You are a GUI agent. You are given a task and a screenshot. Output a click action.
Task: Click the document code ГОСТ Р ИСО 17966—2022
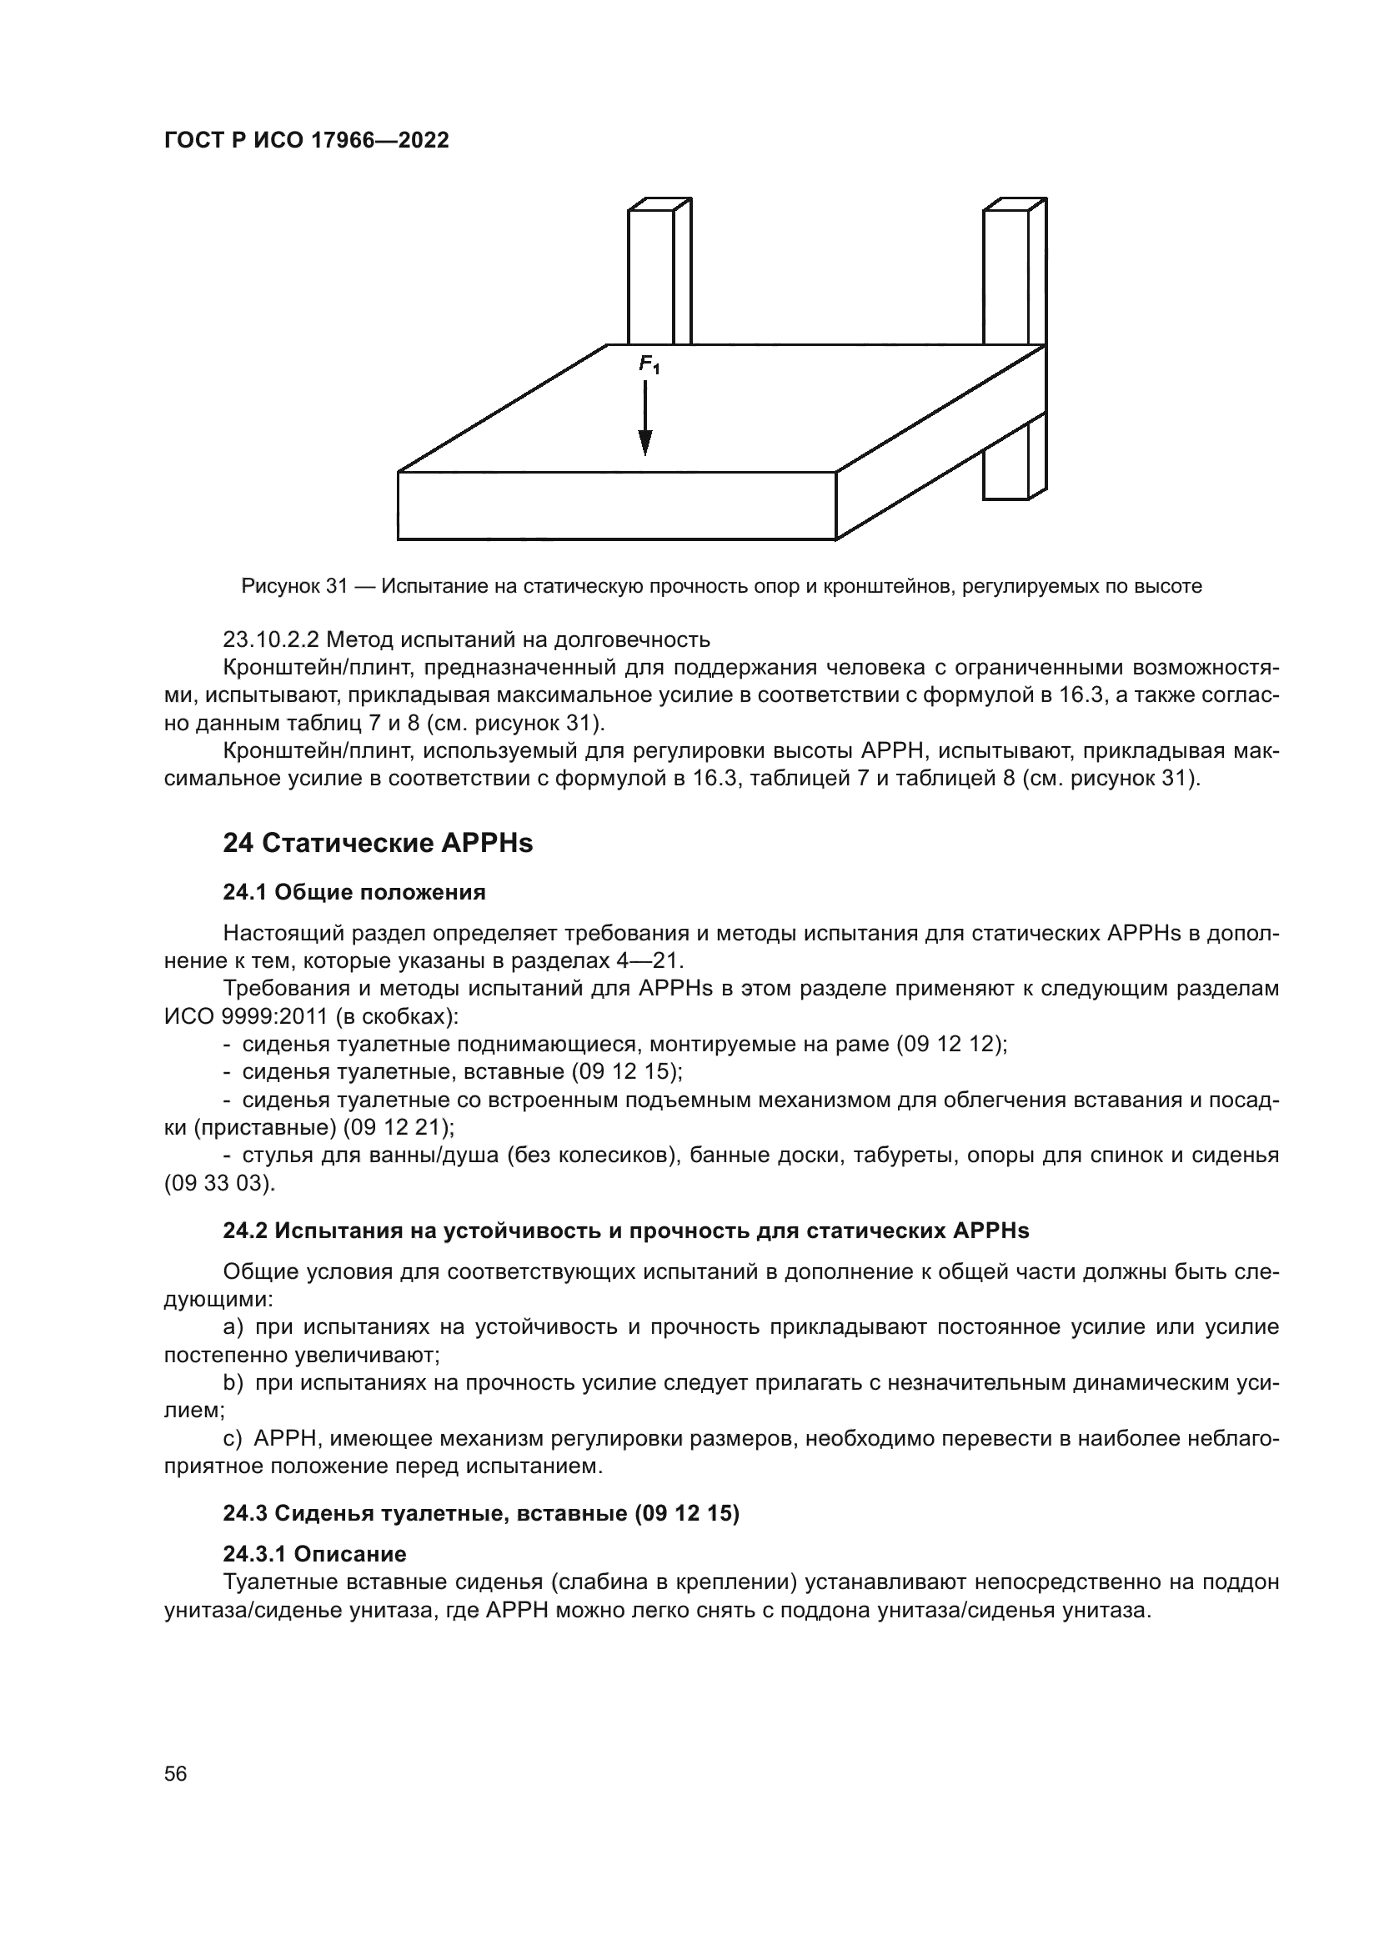point(306,141)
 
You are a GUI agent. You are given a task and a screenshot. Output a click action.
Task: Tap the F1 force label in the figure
point(649,365)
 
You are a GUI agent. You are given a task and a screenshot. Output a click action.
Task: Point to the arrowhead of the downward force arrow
point(645,443)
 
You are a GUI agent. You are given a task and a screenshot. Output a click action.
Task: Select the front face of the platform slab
point(616,506)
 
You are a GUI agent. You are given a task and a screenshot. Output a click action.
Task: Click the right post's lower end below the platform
point(1006,463)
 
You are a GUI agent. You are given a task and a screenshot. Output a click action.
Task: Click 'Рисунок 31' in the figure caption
point(294,586)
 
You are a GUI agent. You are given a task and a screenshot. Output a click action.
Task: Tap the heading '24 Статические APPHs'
point(378,844)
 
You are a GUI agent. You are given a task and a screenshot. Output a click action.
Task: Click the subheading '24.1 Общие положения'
point(354,893)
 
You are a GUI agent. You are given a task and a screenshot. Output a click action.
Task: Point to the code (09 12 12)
point(951,1045)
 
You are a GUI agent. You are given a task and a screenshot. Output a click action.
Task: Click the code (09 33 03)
point(219,1183)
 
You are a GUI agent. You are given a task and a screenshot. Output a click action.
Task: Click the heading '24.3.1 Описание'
point(314,1554)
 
